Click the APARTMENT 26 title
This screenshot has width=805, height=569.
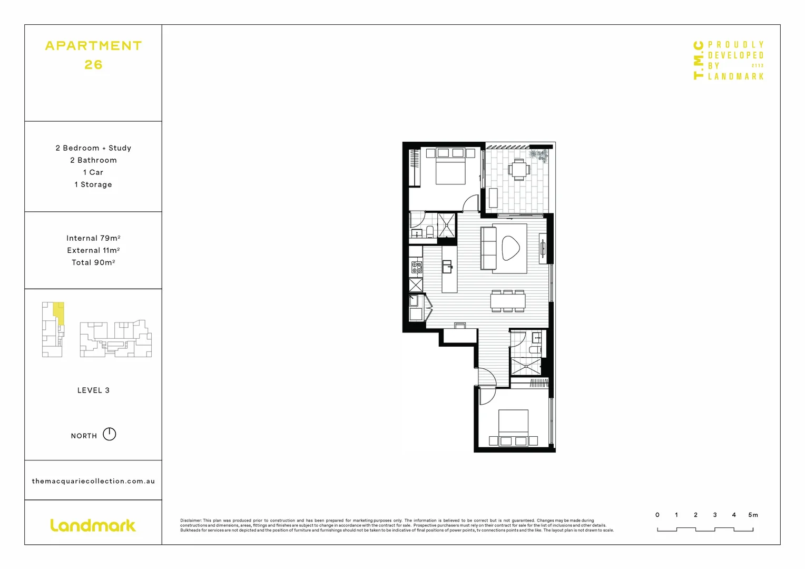tap(93, 55)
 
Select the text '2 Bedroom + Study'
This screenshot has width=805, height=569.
tap(93, 148)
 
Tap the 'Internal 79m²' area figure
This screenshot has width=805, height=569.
tap(93, 238)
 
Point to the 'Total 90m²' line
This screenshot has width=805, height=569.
tap(93, 262)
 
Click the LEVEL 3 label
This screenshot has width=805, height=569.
tap(93, 390)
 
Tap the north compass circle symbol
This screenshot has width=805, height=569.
tap(109, 434)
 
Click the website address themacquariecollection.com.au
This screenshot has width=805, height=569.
tap(93, 481)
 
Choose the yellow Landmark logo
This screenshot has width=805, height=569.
tap(93, 525)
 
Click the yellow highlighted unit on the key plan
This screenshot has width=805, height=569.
tap(60, 313)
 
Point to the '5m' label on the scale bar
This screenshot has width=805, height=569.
tap(753, 515)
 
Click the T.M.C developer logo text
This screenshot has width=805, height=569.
tap(699, 60)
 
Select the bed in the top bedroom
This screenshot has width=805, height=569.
tap(450, 169)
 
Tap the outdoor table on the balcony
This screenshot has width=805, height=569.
tap(519, 169)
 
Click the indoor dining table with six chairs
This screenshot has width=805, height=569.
tap(508, 301)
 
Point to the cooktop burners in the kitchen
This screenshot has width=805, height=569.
tap(416, 267)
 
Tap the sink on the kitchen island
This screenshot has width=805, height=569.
tap(447, 267)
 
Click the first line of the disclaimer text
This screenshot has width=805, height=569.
tap(387, 521)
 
